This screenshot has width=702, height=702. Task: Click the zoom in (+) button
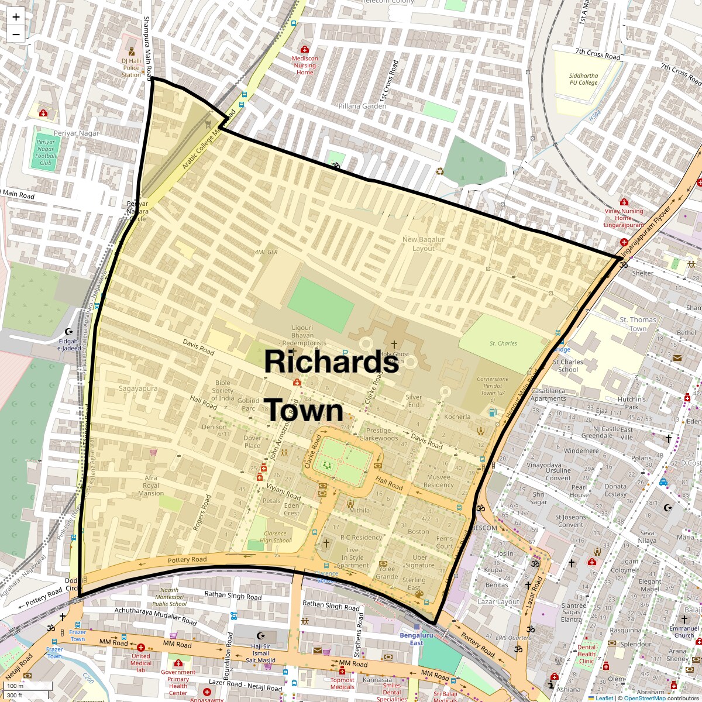(16, 17)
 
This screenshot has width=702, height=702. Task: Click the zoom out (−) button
(16, 34)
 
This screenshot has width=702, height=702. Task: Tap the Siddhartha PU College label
(583, 79)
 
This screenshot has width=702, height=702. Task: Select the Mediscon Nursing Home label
(305, 65)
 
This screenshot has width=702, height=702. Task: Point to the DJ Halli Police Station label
(132, 67)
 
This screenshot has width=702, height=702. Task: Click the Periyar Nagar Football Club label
(46, 152)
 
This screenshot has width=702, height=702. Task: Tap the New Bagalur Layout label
(423, 244)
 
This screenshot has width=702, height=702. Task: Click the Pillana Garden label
(362, 106)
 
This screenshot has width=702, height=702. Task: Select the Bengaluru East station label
(416, 639)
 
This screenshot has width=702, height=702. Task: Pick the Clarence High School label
(275, 537)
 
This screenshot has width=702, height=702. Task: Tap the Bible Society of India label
(223, 390)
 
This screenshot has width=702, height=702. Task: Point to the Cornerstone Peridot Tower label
(493, 386)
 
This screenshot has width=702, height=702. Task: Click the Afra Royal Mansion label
(151, 486)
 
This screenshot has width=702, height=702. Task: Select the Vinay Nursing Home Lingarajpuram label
(624, 218)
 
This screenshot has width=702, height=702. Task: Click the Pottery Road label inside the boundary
(187, 560)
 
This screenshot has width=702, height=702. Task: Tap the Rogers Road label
(202, 512)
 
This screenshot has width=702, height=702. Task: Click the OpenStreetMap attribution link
(644, 698)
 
